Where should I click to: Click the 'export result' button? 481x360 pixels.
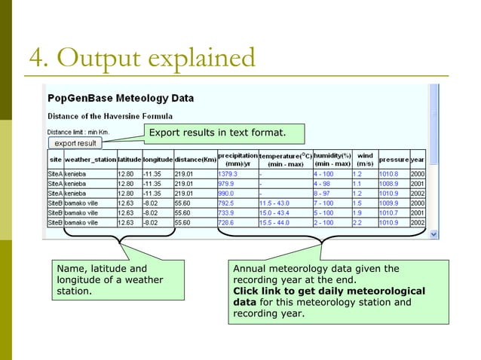coord(75,143)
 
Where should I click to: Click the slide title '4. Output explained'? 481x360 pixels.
coord(141,57)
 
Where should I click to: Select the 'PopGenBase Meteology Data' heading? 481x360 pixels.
coord(121,98)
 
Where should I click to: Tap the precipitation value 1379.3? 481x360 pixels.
coord(228,173)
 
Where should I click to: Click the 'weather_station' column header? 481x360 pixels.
coord(90,160)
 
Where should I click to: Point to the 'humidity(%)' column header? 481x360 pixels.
coord(332,155)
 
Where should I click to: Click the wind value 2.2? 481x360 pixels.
coord(358,223)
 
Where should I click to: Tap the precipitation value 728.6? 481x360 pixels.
coord(227,223)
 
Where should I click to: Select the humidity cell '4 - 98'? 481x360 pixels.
coord(323,183)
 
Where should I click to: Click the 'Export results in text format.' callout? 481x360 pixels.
coord(216,134)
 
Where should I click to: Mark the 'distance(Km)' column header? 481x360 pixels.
coord(195,160)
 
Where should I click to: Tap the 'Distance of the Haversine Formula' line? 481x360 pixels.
coord(110,116)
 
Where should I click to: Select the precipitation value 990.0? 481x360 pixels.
coord(226,194)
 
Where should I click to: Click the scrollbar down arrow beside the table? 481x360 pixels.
coord(434,234)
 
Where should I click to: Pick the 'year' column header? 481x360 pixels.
coord(418,160)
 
